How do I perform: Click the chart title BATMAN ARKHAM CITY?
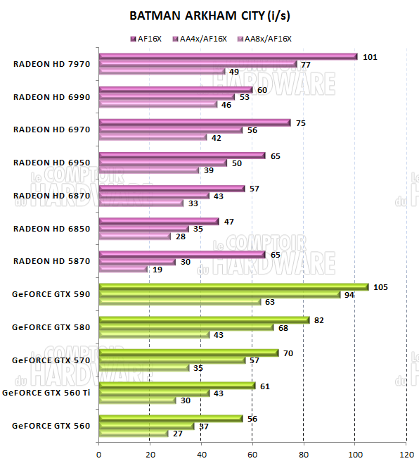pyautogui.click(x=209, y=15)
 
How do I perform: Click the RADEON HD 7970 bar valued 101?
pyautogui.click(x=228, y=57)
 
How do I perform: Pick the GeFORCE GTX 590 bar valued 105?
pyautogui.click(x=233, y=287)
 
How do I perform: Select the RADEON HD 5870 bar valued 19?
pyautogui.click(x=123, y=269)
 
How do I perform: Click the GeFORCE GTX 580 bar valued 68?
pyautogui.click(x=186, y=327)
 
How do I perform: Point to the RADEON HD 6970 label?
pyautogui.click(x=50, y=130)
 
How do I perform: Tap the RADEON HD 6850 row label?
pyautogui.click(x=50, y=228)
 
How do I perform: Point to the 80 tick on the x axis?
pyautogui.click(x=304, y=453)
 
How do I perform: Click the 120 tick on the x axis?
pyautogui.click(x=406, y=453)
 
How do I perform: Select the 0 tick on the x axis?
pyautogui.click(x=99, y=453)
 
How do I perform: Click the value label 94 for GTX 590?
pyautogui.click(x=349, y=295)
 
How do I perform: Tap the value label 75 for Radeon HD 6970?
pyautogui.click(x=300, y=122)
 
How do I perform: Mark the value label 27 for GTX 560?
pyautogui.click(x=178, y=434)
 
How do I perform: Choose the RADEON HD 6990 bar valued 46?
pyautogui.click(x=158, y=104)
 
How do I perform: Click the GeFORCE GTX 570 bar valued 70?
pyautogui.click(x=188, y=353)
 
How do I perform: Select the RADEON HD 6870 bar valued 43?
pyautogui.click(x=154, y=196)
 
